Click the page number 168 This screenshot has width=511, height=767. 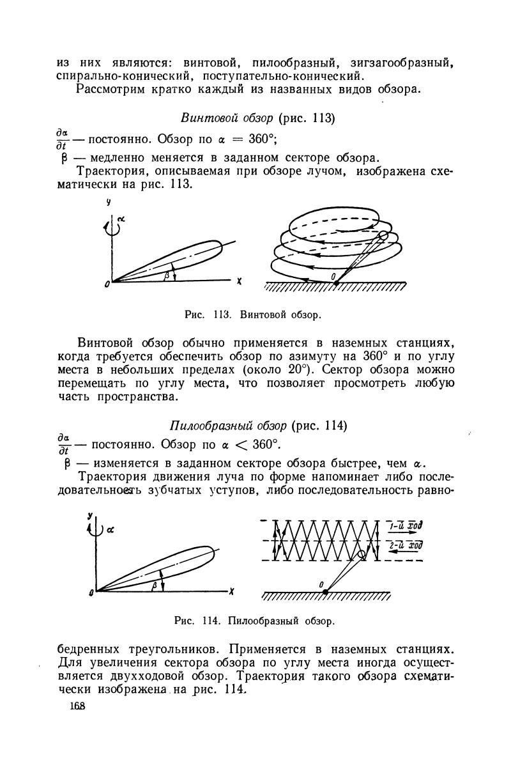(x=77, y=706)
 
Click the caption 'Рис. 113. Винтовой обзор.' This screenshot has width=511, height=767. (x=252, y=314)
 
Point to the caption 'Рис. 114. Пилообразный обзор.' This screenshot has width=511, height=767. (x=254, y=620)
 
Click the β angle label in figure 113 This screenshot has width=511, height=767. (x=167, y=274)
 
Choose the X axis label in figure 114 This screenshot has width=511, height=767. (x=231, y=591)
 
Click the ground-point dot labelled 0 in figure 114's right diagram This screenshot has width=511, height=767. (x=325, y=591)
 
